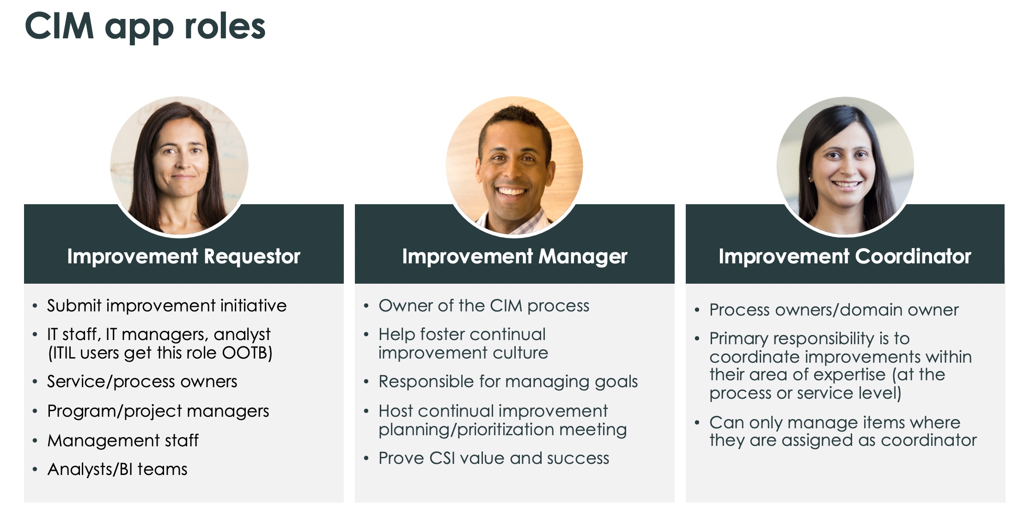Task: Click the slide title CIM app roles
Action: point(145,27)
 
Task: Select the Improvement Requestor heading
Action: point(183,256)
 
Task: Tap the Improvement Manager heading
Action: point(514,256)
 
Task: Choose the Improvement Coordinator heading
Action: point(845,256)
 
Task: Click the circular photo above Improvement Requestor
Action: point(179,165)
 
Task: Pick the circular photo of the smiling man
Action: point(514,165)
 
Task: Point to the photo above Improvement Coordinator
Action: point(845,165)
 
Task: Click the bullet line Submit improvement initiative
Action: point(166,306)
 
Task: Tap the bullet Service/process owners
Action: point(142,382)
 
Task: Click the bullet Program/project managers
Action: point(158,411)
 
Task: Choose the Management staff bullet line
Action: point(123,441)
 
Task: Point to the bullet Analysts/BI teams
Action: point(117,469)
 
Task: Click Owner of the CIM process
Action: point(484,306)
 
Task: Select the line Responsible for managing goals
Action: point(508,382)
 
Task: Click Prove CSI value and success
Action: point(494,458)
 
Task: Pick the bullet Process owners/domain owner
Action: point(834,310)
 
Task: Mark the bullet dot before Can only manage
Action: point(697,423)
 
